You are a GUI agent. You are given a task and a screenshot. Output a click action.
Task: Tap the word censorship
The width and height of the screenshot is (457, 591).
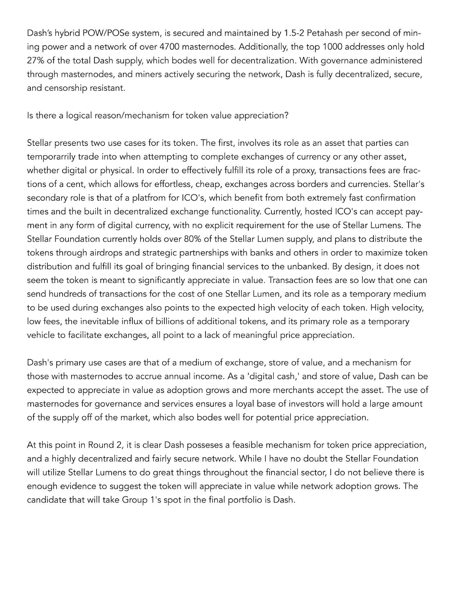point(66,88)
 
